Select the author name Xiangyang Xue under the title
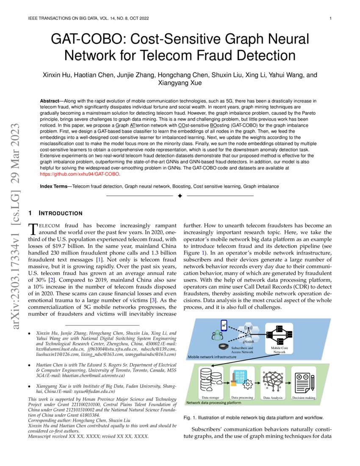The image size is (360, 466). click(180, 83)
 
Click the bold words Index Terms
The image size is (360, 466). click(55, 186)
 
